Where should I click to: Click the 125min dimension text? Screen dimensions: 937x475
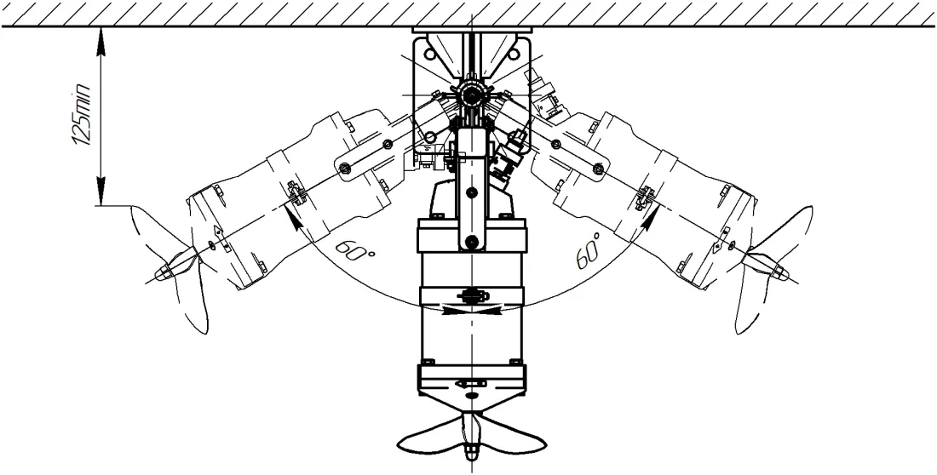click(81, 115)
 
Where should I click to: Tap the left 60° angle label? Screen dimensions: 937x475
click(355, 250)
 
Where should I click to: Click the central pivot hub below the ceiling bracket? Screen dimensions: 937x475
click(472, 94)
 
